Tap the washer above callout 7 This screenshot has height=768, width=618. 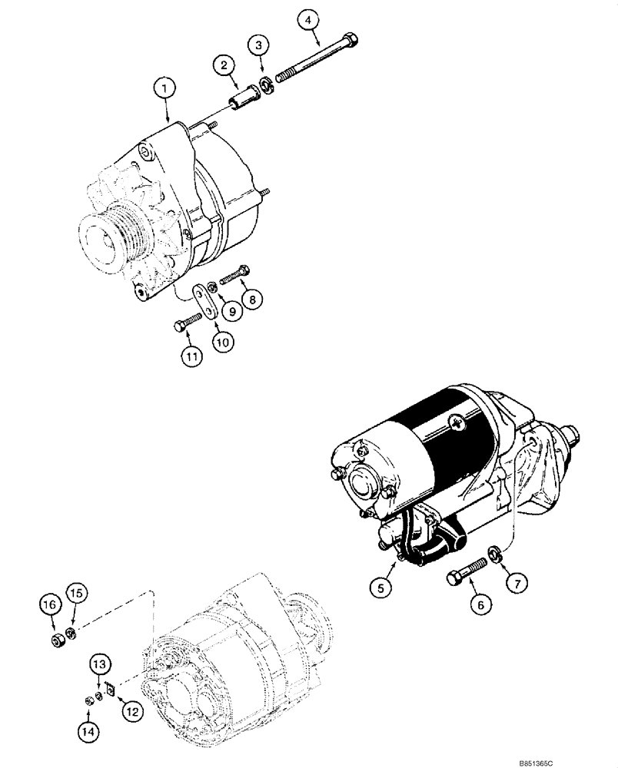[496, 553]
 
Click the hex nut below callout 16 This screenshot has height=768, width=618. [56, 639]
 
